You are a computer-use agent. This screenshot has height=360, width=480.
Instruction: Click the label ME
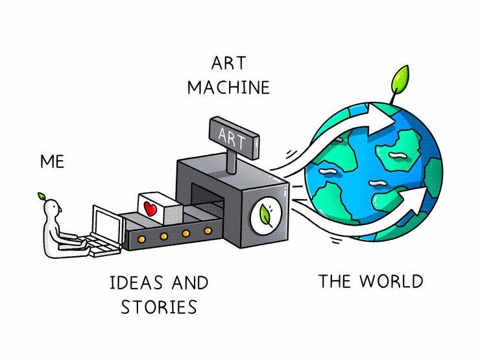(52, 161)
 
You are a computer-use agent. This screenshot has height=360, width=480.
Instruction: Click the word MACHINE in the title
(228, 88)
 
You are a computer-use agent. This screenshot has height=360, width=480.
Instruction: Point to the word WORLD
(391, 282)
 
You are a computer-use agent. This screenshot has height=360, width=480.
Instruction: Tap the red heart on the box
(150, 210)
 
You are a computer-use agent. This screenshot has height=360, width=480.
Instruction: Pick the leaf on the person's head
(42, 195)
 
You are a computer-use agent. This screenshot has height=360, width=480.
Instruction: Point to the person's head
(54, 209)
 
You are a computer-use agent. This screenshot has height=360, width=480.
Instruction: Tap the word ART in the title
(228, 64)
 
